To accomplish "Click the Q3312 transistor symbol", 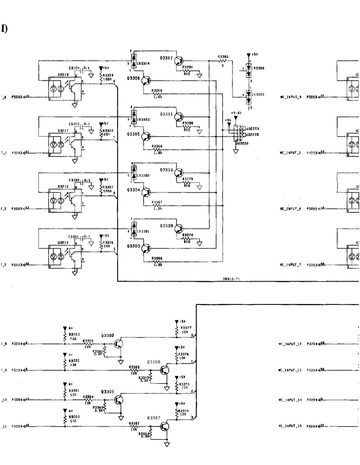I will click(179, 61).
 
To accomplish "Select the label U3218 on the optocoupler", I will click(63, 74).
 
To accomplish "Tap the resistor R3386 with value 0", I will click(223, 61).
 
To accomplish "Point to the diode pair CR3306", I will click(249, 68).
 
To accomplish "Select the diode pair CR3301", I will click(134, 228).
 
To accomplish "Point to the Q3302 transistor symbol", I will click(120, 343).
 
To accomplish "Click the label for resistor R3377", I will click(186, 327).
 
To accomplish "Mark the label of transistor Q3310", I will click(166, 169).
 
